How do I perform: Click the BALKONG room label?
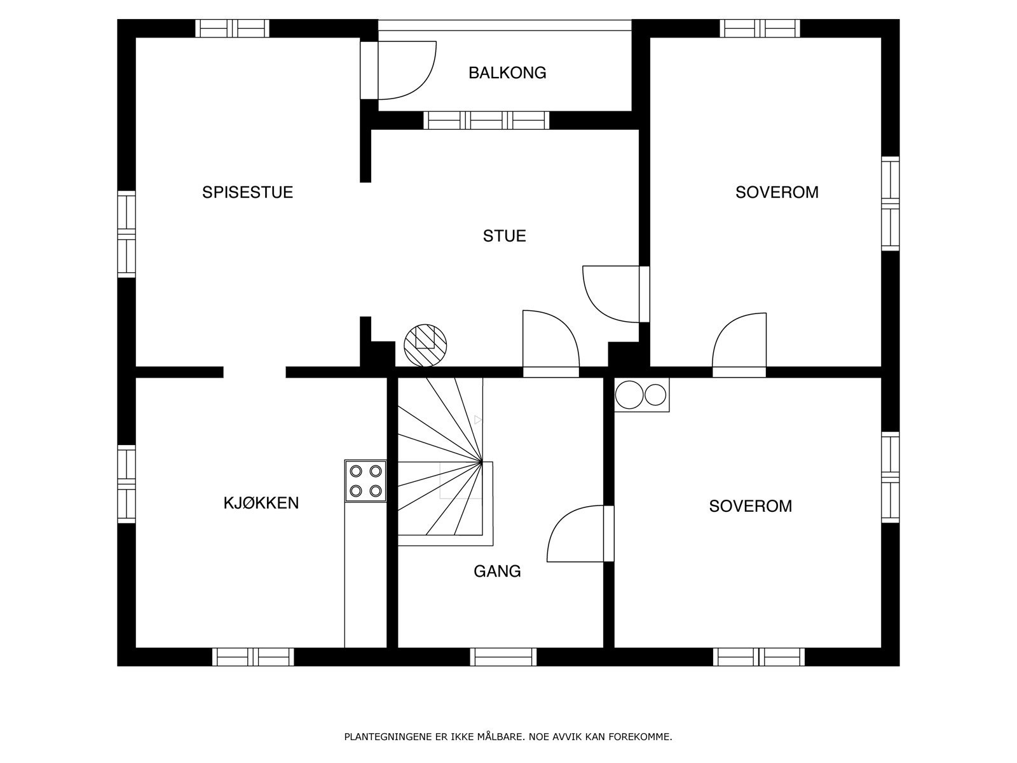tap(507, 73)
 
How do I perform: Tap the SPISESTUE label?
tap(247, 192)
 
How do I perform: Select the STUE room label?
tap(505, 237)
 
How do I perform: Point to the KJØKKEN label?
tap(261, 503)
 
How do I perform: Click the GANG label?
tap(497, 572)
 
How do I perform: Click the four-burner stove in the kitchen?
tap(365, 481)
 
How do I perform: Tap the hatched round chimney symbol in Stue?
tap(425, 346)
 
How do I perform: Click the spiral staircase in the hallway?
tap(446, 462)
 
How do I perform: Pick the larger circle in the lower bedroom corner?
tap(629, 395)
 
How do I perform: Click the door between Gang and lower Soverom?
tap(580, 533)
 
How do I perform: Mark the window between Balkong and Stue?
tap(486, 120)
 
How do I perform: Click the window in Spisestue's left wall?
tap(126, 235)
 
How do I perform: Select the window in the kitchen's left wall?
tap(126, 484)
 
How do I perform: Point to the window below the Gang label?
tap(503, 657)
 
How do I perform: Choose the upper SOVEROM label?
tap(777, 192)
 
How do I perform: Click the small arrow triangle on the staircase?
tap(478, 420)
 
